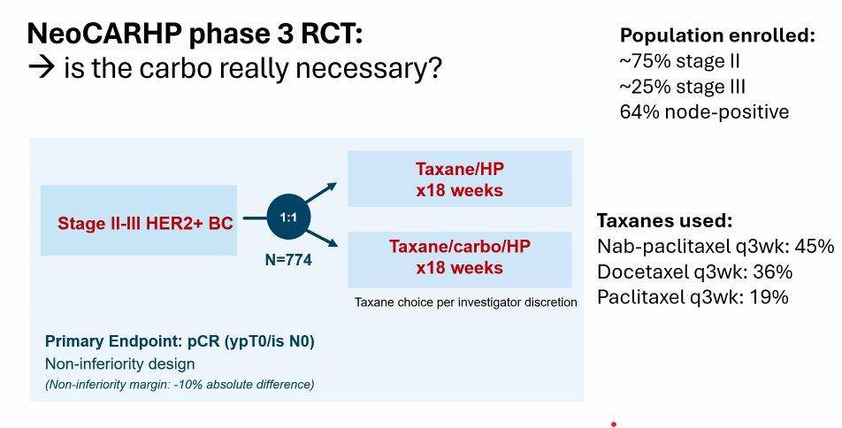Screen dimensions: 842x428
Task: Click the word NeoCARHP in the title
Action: (103, 34)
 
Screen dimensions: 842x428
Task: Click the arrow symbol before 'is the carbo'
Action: (42, 68)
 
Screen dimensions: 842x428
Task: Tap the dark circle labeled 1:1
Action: (288, 217)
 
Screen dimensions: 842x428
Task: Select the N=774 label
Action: (288, 260)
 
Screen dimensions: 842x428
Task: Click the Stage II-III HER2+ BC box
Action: (139, 220)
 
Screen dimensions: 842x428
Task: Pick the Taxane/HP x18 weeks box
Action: (460, 179)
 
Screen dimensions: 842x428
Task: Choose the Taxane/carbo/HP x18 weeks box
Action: (460, 259)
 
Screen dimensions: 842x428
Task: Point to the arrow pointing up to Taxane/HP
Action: (320, 192)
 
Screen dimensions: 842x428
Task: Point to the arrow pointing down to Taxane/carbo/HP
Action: (321, 238)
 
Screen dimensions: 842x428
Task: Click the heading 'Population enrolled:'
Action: (717, 35)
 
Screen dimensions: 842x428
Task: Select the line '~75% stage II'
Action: (680, 61)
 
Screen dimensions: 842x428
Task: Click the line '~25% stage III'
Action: (683, 87)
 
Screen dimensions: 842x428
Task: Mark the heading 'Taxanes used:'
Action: (665, 221)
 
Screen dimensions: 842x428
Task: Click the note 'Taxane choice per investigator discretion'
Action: (465, 302)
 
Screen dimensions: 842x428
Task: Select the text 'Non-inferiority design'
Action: (119, 364)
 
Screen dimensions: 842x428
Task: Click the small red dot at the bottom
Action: (614, 424)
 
